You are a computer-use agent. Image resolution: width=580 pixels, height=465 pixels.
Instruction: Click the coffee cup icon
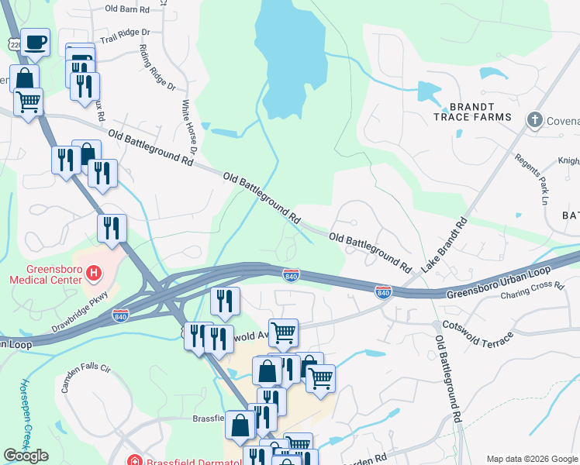(35, 42)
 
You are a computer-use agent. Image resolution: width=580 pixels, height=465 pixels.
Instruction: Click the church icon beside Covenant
(533, 119)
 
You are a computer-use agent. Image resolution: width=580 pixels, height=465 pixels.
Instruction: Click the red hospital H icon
(94, 273)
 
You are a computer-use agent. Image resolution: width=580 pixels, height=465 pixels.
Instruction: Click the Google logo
(26, 456)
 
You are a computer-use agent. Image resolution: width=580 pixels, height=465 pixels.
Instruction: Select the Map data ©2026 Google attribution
(531, 459)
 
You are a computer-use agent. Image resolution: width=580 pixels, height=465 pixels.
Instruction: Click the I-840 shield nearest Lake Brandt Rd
(383, 291)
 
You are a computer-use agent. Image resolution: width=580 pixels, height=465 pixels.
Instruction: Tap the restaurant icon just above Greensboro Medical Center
(112, 228)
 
